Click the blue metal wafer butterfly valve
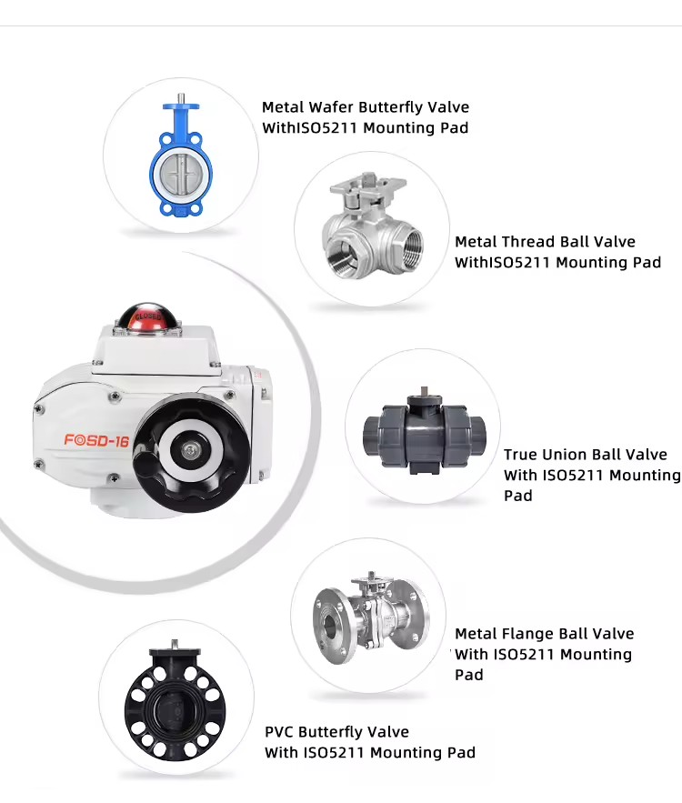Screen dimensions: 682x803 tap(181, 159)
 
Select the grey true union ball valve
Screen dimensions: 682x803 tap(424, 432)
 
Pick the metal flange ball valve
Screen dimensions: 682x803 tap(371, 618)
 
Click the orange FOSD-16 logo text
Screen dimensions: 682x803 tap(96, 441)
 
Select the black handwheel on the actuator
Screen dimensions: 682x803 tap(190, 453)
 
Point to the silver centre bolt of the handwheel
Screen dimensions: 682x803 tap(190, 451)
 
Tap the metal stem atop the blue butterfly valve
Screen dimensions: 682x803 tap(181, 98)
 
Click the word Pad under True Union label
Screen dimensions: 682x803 tap(518, 496)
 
